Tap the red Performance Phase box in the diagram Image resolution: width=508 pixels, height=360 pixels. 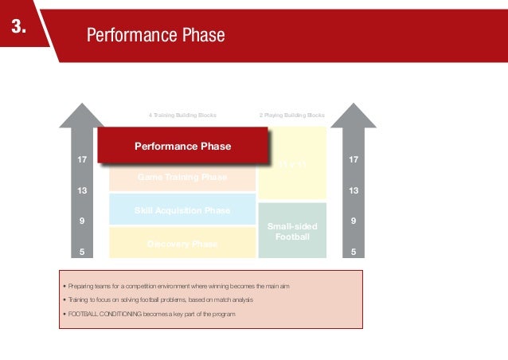(x=182, y=147)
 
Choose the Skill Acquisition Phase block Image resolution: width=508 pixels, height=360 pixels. (x=182, y=210)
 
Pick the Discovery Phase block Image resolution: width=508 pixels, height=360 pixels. (x=182, y=243)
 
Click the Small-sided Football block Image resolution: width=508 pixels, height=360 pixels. (x=292, y=231)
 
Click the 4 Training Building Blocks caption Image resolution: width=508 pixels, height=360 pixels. (x=182, y=115)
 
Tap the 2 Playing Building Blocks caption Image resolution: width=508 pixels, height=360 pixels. (x=292, y=115)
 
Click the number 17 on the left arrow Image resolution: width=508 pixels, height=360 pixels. (x=81, y=161)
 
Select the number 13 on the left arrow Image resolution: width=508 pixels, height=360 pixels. (x=81, y=191)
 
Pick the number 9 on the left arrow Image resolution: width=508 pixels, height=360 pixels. (x=81, y=221)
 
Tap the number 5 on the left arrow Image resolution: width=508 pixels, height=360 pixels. (x=81, y=252)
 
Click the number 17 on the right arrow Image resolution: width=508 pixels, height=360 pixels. (x=354, y=161)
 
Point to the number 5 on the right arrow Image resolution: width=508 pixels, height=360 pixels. (x=354, y=252)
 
